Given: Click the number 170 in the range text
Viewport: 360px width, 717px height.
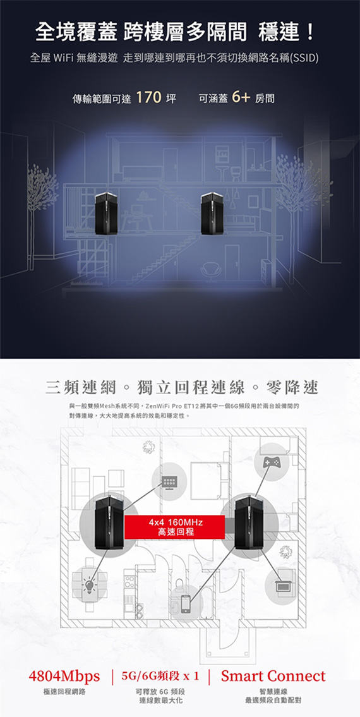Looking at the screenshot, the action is pyautogui.click(x=148, y=98).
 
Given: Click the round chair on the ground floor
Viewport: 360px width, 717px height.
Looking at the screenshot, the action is pyautogui.click(x=212, y=272).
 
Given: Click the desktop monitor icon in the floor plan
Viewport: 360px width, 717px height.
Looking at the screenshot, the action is pyautogui.click(x=169, y=481).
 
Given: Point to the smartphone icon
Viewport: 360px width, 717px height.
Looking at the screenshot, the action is pyautogui.click(x=186, y=604).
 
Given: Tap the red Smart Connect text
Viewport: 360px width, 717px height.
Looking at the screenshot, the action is pyautogui.click(x=273, y=675).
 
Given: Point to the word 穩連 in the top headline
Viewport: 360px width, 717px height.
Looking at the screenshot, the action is pyautogui.click(x=278, y=32).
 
